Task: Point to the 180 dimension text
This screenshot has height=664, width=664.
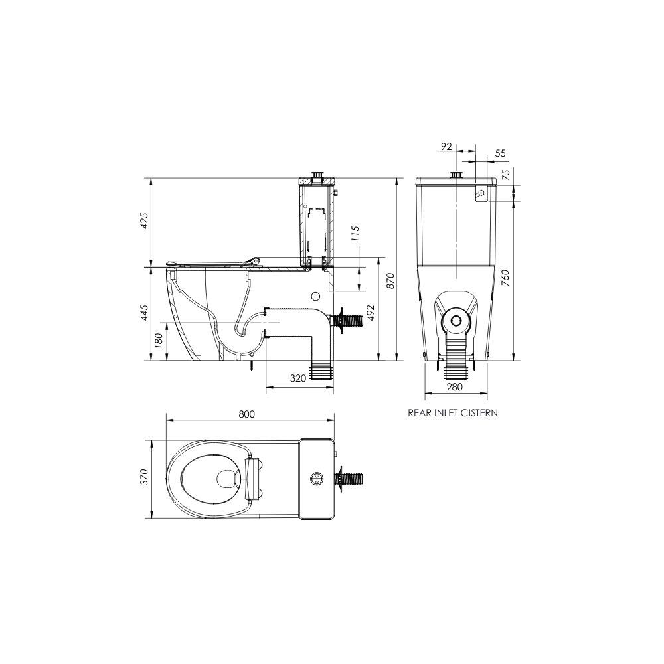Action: pos(158,341)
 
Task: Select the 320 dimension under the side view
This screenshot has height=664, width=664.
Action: pos(297,378)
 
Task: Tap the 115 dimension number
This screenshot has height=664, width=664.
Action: pos(355,234)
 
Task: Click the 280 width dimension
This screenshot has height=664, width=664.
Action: pos(454,387)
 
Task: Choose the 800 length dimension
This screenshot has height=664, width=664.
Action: pos(247,414)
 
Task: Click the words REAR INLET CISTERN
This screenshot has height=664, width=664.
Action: pos(453,412)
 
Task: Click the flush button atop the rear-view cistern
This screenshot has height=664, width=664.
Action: pos(456,175)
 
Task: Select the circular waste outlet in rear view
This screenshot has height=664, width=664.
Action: pos(456,320)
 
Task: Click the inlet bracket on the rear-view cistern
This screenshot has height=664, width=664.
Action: pos(481,192)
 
